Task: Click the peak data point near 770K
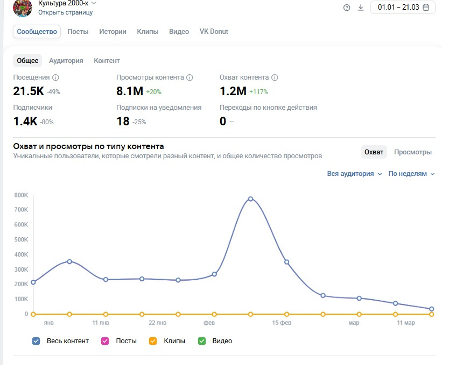point(250,199)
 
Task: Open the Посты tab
point(78,32)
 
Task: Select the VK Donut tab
point(214,32)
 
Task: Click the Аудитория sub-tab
point(66,61)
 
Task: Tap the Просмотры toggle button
point(412,152)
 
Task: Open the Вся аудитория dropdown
point(354,174)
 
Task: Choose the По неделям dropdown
point(411,174)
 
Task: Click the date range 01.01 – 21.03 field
point(403,8)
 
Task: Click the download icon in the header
point(361,8)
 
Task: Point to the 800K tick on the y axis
point(22,195)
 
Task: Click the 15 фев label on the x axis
point(282,323)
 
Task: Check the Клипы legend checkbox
point(152,341)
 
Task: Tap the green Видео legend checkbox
point(202,341)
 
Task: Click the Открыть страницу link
point(65,12)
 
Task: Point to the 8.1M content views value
point(129,91)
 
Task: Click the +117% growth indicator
point(258,92)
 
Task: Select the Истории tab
point(113,32)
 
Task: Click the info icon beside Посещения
point(55,77)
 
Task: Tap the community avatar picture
point(23,8)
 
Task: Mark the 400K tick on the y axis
point(22,254)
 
